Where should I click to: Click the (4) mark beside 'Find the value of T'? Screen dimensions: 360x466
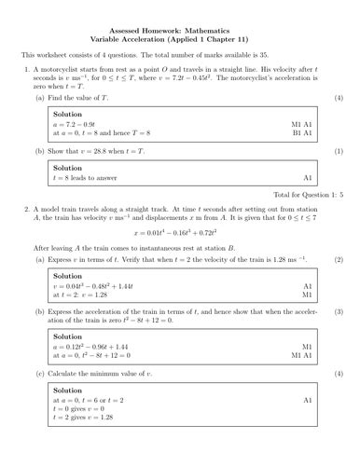click(338, 97)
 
